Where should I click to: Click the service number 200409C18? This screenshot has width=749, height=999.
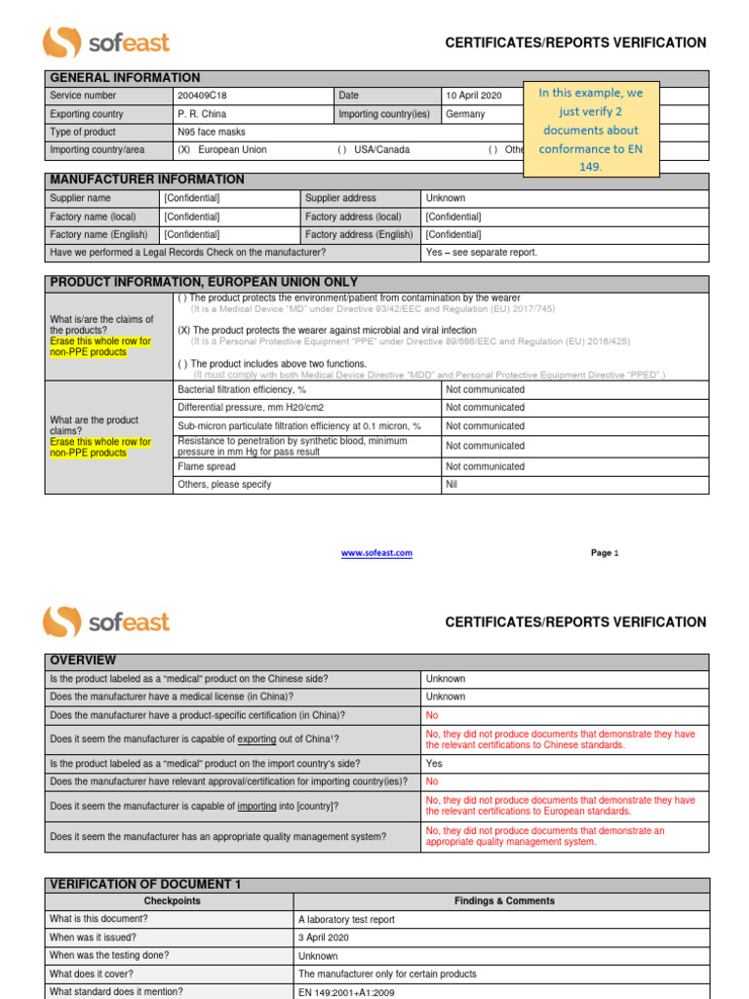tap(202, 96)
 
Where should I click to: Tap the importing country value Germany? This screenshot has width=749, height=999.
tap(464, 114)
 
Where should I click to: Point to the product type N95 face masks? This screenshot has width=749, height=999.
tap(211, 132)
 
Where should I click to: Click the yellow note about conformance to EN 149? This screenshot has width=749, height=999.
tap(591, 130)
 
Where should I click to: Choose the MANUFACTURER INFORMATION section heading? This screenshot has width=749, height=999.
tap(147, 180)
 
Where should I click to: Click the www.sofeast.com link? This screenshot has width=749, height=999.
tap(376, 553)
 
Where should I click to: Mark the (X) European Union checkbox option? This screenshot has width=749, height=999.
tap(221, 150)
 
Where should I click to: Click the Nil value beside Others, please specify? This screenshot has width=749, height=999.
tap(452, 485)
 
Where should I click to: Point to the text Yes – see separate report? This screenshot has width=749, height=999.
tap(481, 253)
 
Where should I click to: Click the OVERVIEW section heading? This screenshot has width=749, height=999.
tap(83, 660)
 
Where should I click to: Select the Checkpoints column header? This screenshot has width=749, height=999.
tap(172, 901)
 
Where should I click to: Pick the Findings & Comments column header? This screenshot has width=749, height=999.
tap(504, 901)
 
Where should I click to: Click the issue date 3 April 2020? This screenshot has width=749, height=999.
tap(324, 938)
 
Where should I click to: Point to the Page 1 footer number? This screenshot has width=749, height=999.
tap(605, 553)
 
